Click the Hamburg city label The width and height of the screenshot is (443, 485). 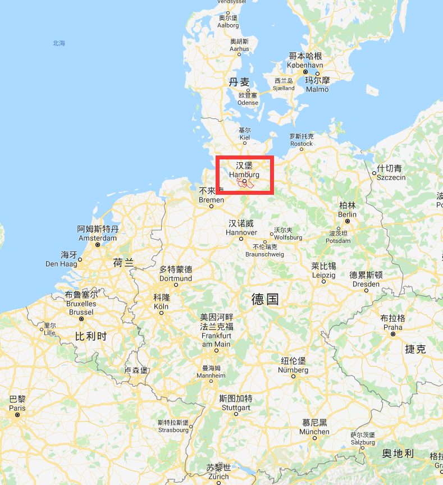click(244, 170)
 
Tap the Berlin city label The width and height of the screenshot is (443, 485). click(347, 210)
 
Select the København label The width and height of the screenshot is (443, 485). click(305, 61)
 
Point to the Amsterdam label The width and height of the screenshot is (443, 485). click(98, 234)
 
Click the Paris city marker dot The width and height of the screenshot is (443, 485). click(17, 415)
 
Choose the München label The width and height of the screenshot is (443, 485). click(314, 427)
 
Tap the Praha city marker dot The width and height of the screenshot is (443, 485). click(393, 334)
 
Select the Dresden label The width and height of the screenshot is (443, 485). click(366, 280)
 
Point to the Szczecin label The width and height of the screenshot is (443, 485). click(390, 173)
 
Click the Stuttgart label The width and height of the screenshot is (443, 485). click(236, 403)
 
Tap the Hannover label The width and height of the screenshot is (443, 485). click(241, 228)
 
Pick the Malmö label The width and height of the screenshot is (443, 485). click(317, 85)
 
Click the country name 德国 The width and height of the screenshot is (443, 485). click(265, 299)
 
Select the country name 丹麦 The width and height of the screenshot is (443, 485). click(239, 82)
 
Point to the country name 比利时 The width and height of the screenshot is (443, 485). click(90, 336)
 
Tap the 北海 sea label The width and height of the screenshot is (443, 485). click(59, 43)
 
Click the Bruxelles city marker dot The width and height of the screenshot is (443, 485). click(82, 318)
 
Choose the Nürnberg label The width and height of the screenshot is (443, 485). click(293, 366)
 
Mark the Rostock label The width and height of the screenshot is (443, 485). click(302, 140)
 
